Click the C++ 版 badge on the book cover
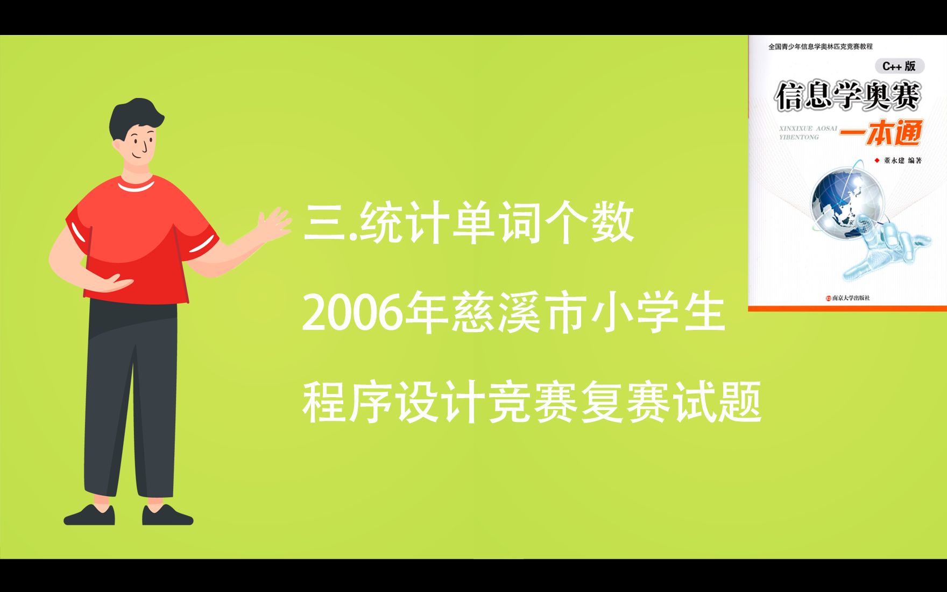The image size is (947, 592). pos(899,66)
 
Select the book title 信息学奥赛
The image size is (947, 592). pos(847,96)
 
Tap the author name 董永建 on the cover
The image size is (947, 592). pos(894,160)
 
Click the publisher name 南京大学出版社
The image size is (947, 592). pos(851,298)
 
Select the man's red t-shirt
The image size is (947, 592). pos(140,237)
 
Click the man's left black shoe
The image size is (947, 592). pos(90,516)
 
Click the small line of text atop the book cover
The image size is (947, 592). pos(820,47)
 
